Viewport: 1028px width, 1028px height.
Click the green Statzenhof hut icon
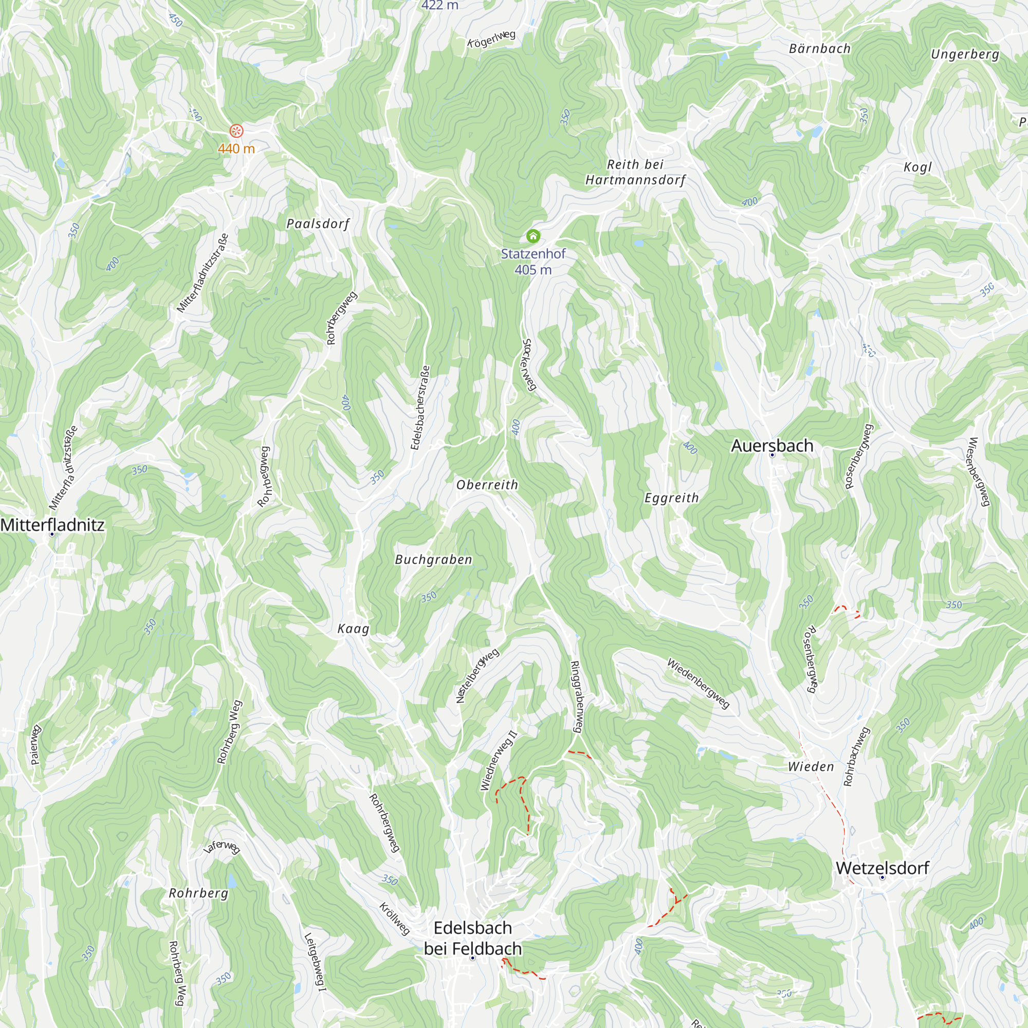tap(533, 236)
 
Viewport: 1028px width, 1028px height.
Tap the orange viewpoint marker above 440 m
tap(236, 131)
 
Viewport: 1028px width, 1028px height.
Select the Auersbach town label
tap(772, 445)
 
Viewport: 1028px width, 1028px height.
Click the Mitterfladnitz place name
tap(52, 525)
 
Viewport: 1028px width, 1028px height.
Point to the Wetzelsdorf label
tap(882, 868)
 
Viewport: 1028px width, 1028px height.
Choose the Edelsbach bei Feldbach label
tap(472, 938)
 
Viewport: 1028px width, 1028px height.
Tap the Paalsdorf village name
tap(318, 224)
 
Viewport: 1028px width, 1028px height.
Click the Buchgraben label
tap(433, 559)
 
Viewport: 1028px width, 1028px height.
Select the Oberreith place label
tap(487, 485)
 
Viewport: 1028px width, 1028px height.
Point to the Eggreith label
tap(671, 498)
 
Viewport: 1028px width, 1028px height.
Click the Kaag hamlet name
tap(353, 629)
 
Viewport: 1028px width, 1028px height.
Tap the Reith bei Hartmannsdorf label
tap(635, 172)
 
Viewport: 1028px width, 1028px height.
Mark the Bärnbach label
tap(819, 48)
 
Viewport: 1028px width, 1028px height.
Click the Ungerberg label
tap(965, 54)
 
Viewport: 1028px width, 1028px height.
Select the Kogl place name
tap(918, 167)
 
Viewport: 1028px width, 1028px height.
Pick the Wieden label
tap(811, 767)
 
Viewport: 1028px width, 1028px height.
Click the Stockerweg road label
tap(528, 365)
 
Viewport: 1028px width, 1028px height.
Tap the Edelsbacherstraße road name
tap(420, 408)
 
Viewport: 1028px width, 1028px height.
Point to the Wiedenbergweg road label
tap(698, 684)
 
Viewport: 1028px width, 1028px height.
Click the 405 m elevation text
tap(533, 270)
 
